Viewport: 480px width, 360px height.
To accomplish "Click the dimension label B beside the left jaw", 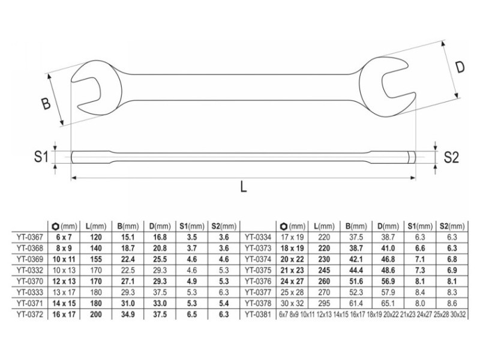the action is [x=46, y=103].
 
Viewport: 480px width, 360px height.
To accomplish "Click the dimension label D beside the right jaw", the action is [x=460, y=67].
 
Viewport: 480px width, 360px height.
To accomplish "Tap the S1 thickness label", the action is [x=41, y=157].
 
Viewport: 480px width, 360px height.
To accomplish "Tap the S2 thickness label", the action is [x=451, y=157].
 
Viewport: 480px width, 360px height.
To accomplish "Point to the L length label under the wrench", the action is [x=244, y=186].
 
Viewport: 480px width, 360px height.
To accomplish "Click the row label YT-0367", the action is [x=30, y=237].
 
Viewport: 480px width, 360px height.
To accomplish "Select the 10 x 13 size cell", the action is [x=64, y=271].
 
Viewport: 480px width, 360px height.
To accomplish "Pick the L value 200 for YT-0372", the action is [x=96, y=314].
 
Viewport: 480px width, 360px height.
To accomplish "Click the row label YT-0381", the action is [x=258, y=314].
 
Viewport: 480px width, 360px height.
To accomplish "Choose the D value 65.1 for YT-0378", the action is [x=388, y=304].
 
